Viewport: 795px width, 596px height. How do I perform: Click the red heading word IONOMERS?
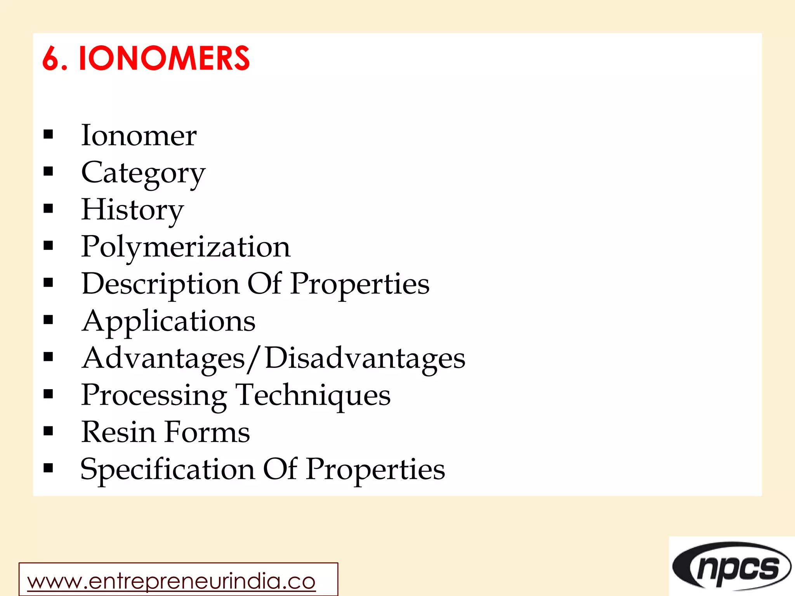click(164, 59)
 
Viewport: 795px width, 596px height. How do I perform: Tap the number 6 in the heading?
click(50, 59)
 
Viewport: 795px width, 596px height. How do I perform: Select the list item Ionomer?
click(139, 136)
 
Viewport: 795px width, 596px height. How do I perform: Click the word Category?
click(143, 173)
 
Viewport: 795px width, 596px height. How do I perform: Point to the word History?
click(132, 210)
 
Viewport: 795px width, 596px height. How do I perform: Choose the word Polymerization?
click(186, 247)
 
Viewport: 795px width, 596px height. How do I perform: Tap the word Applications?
click(168, 321)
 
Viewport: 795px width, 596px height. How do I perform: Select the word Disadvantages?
click(365, 358)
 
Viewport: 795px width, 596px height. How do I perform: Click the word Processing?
click(154, 395)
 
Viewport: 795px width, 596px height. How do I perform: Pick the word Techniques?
click(313, 395)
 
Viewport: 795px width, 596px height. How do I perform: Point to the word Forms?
click(207, 432)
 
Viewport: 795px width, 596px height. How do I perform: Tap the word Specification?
click(168, 470)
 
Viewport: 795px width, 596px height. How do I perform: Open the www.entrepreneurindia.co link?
click(171, 581)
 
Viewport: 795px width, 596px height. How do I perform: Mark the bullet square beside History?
click(48, 209)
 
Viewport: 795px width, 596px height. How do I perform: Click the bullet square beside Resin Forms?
click(48, 431)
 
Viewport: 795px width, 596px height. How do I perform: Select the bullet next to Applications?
click(48, 320)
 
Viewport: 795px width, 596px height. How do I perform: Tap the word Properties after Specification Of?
click(375, 470)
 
